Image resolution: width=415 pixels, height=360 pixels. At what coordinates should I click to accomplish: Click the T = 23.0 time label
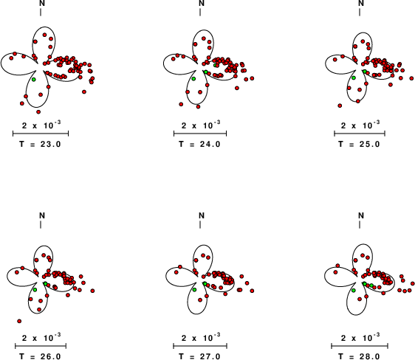pos(40,145)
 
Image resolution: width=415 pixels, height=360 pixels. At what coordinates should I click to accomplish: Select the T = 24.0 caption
pos(200,145)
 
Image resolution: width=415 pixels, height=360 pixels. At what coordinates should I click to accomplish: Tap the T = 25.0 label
pos(360,145)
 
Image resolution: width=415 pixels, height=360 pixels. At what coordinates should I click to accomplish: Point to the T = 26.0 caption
pos(40,356)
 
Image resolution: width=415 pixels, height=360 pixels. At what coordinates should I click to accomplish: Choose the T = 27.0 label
pos(200,356)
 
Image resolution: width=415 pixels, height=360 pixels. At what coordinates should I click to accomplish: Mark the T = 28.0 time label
pos(360,356)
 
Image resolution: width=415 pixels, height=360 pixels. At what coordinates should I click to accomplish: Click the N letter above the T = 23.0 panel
pos(42,3)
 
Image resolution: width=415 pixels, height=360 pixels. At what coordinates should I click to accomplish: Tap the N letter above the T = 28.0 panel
pos(361,215)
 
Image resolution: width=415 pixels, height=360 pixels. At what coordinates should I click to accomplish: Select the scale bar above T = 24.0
pos(200,134)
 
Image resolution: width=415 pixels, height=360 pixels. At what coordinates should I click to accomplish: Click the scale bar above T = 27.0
pos(200,346)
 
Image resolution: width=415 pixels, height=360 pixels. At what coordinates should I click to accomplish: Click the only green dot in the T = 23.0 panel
pos(34,79)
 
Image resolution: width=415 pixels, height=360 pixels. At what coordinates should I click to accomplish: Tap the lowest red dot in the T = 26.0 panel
pos(19,321)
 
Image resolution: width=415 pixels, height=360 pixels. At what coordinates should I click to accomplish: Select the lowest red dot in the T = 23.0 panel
pos(38,112)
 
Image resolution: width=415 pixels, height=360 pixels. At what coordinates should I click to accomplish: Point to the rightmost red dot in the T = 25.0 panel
pos(411,78)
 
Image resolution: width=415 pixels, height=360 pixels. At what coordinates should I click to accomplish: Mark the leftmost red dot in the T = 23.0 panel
pos(11,58)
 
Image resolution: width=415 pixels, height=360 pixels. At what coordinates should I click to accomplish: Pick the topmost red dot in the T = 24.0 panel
pos(204,38)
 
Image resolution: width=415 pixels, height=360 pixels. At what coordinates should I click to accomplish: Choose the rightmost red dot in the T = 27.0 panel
pos(252,291)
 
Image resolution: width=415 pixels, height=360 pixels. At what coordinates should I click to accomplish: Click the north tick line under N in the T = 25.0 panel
pos(360,12)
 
